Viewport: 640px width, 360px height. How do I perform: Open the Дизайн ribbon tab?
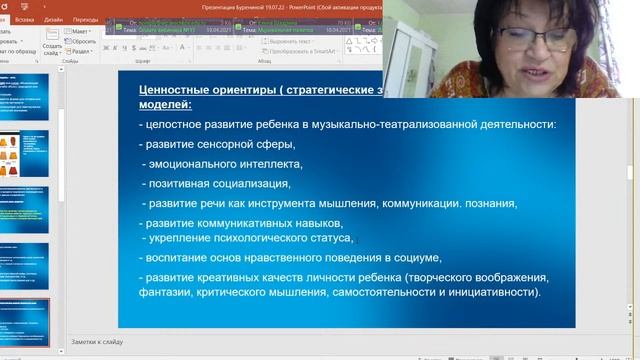(x=53, y=18)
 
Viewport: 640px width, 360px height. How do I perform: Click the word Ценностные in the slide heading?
(x=176, y=91)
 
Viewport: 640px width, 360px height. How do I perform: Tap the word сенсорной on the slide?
(x=218, y=145)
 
